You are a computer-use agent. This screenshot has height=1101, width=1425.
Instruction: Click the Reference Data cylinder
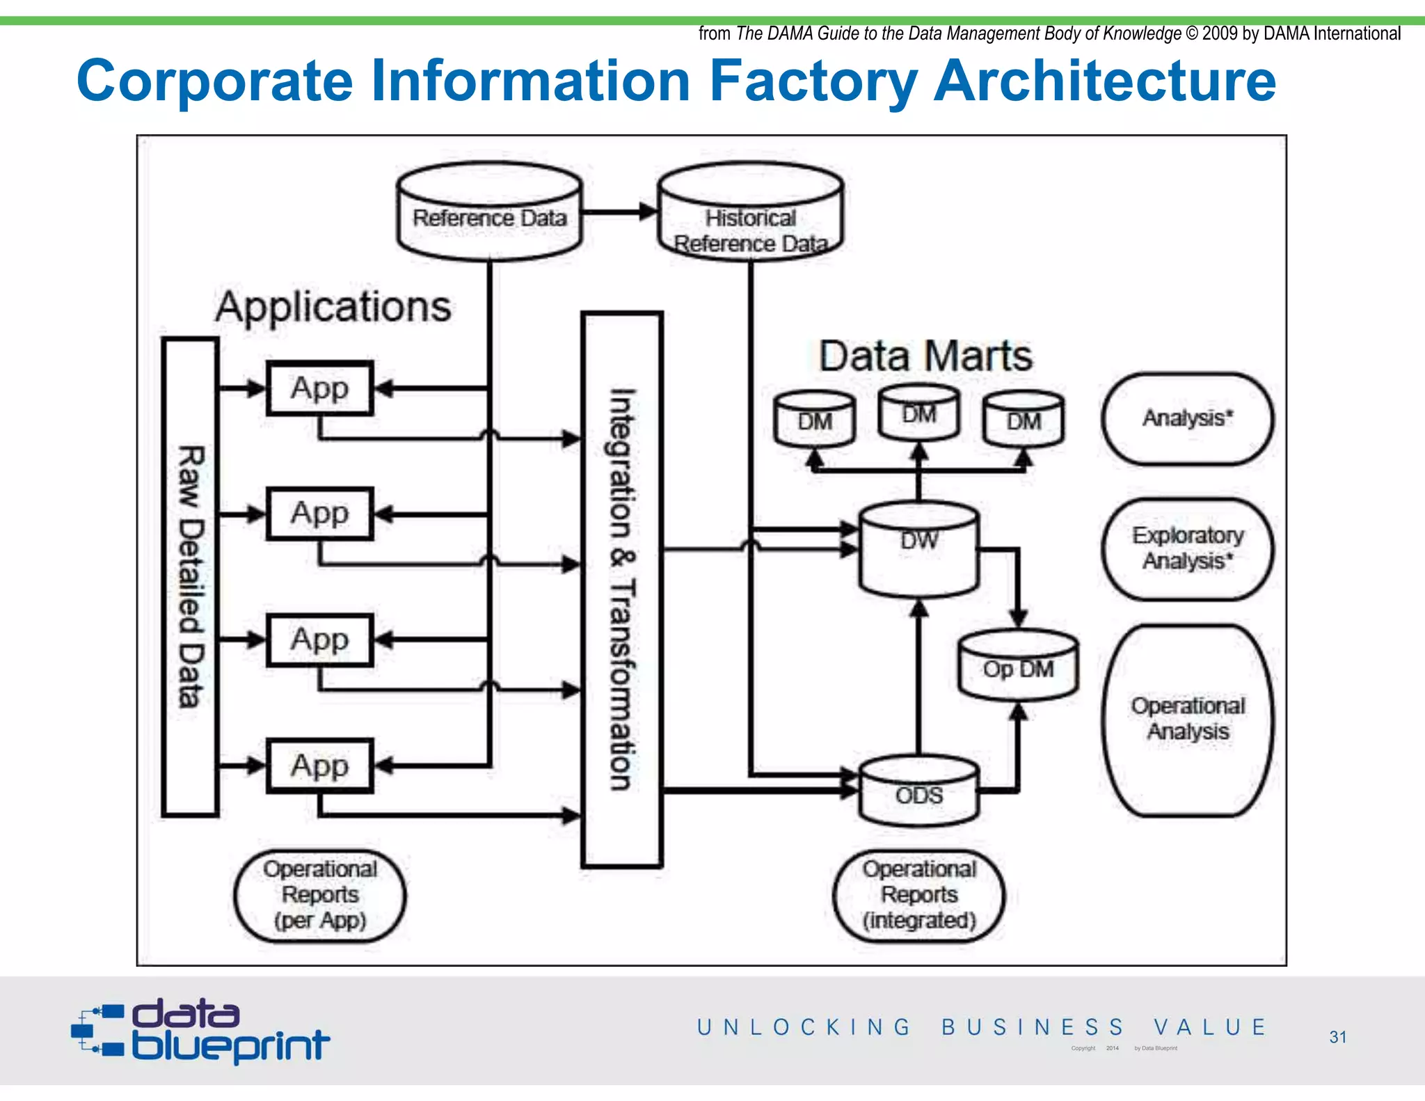(489, 213)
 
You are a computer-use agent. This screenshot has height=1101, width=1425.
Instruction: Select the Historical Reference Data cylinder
(750, 213)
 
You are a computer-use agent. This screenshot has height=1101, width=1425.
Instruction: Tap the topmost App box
(320, 388)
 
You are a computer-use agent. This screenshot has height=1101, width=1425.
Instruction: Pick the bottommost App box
(320, 766)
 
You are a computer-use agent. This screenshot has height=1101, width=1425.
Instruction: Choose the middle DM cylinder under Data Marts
(918, 414)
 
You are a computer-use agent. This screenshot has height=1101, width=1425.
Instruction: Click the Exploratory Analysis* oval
(1188, 548)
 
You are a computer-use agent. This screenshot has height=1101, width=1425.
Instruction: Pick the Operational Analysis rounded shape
(1188, 720)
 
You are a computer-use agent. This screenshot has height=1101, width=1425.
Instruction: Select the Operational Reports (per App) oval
(320, 895)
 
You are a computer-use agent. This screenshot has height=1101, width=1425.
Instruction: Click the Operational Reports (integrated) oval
(919, 895)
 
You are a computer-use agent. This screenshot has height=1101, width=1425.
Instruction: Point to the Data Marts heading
(925, 356)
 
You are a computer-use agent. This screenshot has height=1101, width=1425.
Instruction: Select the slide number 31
(1337, 1037)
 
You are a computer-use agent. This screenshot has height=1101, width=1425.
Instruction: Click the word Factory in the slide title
(813, 81)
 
